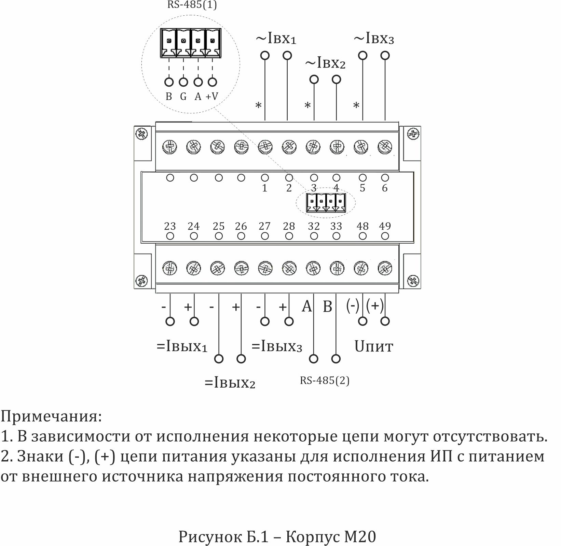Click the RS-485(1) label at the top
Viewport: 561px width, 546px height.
click(x=192, y=5)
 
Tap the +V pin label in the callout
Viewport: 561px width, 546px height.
click(x=212, y=97)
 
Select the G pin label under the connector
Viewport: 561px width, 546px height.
click(x=183, y=97)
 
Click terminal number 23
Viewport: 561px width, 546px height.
click(x=170, y=226)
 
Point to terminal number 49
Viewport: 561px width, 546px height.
click(x=385, y=226)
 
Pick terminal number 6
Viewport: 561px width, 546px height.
click(x=385, y=188)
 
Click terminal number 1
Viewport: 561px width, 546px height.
click(x=264, y=188)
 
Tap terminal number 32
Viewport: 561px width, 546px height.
click(x=314, y=226)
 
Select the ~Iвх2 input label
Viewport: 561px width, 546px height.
click(x=325, y=63)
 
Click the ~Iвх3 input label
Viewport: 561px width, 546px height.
click(x=374, y=39)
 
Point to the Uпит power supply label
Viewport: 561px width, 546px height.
click(x=374, y=347)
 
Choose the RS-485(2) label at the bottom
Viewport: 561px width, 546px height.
click(x=325, y=380)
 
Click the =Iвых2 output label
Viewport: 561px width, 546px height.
click(x=230, y=383)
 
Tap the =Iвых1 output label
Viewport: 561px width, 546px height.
click(x=182, y=347)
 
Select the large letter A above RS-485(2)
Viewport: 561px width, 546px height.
click(x=307, y=306)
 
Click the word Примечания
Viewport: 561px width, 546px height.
click(x=51, y=417)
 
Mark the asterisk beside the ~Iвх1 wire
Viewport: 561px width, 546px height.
click(x=259, y=106)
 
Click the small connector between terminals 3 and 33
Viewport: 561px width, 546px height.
click(x=326, y=203)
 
